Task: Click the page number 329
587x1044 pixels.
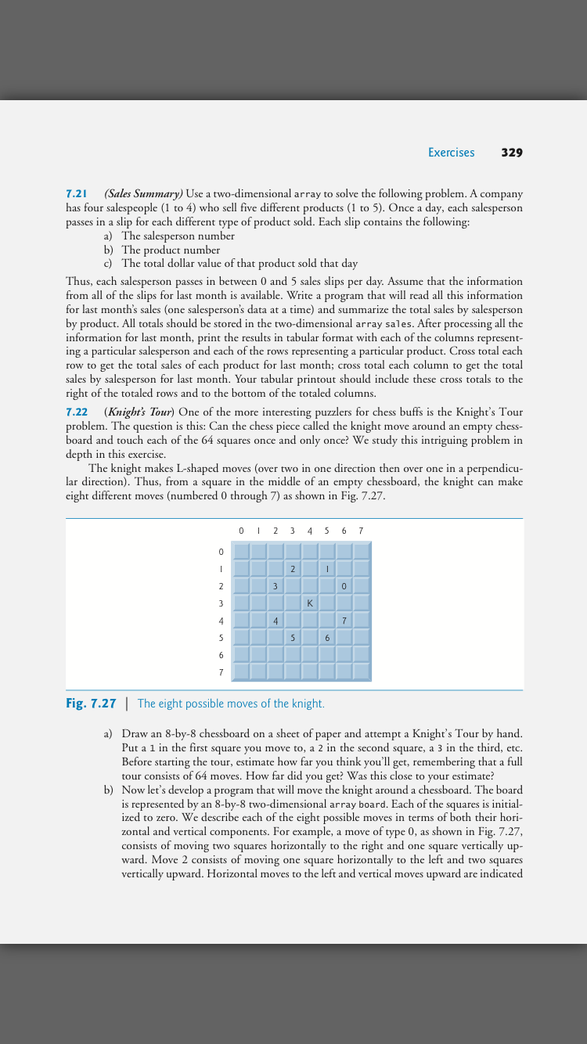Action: click(x=511, y=153)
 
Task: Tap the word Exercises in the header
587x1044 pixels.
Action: click(x=451, y=153)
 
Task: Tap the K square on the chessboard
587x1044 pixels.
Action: click(x=309, y=603)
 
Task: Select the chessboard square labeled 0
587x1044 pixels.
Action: click(x=344, y=585)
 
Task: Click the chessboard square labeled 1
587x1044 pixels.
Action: click(x=326, y=568)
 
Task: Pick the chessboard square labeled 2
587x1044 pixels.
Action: click(x=292, y=568)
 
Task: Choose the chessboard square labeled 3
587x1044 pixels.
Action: click(x=275, y=585)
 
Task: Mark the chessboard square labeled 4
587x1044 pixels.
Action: click(x=275, y=621)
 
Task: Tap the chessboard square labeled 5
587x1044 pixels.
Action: click(x=292, y=638)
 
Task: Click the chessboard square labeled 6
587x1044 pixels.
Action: click(x=326, y=638)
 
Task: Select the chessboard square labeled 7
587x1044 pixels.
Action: click(x=344, y=621)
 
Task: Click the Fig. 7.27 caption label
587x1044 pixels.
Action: click(x=91, y=703)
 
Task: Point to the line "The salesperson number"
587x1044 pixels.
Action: click(x=178, y=236)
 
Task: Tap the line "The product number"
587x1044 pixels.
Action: click(x=171, y=250)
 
